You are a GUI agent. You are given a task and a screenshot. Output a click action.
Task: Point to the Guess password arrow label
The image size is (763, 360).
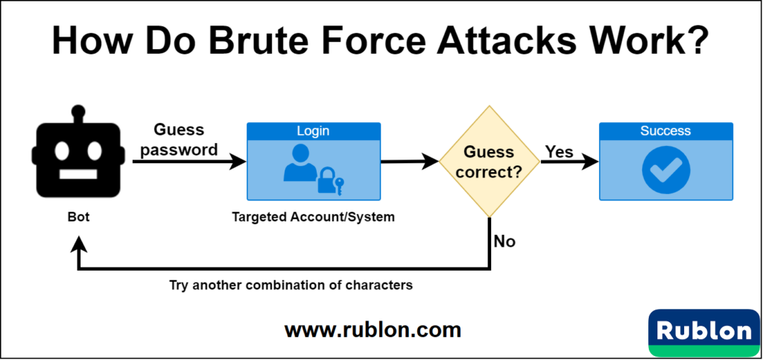coord(180,139)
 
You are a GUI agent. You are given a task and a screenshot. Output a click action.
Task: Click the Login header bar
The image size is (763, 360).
coord(313,130)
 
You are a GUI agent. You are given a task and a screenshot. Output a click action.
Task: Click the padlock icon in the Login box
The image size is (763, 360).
coord(326,181)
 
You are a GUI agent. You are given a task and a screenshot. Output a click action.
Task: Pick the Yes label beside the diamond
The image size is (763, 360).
coord(559,152)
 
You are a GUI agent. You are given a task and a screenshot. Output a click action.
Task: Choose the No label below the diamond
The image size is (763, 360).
coord(504,241)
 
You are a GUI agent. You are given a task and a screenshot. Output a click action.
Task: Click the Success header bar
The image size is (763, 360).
coord(665,130)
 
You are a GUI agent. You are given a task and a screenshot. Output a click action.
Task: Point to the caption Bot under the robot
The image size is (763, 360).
coord(77,218)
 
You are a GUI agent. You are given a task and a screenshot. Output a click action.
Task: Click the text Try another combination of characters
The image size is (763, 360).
coord(291,285)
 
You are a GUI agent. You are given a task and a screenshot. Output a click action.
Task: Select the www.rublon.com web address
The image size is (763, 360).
coord(373,329)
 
